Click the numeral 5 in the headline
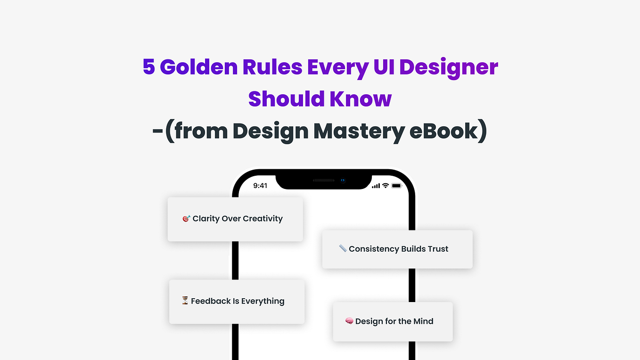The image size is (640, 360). coord(149,67)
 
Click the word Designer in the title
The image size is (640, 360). coord(449,67)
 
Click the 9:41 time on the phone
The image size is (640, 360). coord(260,186)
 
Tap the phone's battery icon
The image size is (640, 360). coord(396,186)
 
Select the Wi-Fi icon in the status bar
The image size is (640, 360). coord(385,186)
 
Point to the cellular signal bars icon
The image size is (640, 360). coord(376,186)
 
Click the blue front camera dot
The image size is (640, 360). coord(343,180)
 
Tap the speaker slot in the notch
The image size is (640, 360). coord(324,180)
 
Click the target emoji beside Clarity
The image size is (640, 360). coord(186,219)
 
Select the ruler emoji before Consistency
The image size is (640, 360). coord(343,248)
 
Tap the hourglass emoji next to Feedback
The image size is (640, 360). coord(185,301)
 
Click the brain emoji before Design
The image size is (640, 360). coord(349,321)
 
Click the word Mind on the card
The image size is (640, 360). coord(423,321)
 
